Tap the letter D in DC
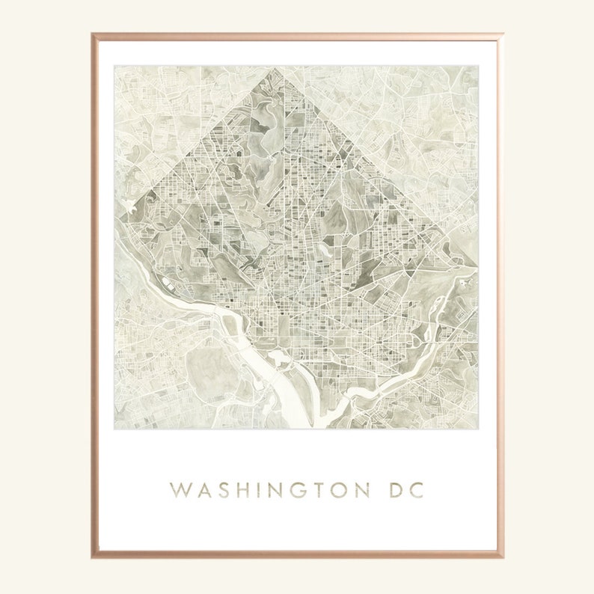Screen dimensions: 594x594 394,491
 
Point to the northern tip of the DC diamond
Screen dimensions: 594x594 276,69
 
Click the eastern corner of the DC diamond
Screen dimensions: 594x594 476,266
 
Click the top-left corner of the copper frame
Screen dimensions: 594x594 93,34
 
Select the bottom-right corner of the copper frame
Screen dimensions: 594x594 501,557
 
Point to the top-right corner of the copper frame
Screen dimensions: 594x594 501,34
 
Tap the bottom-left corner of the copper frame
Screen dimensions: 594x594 93,557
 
